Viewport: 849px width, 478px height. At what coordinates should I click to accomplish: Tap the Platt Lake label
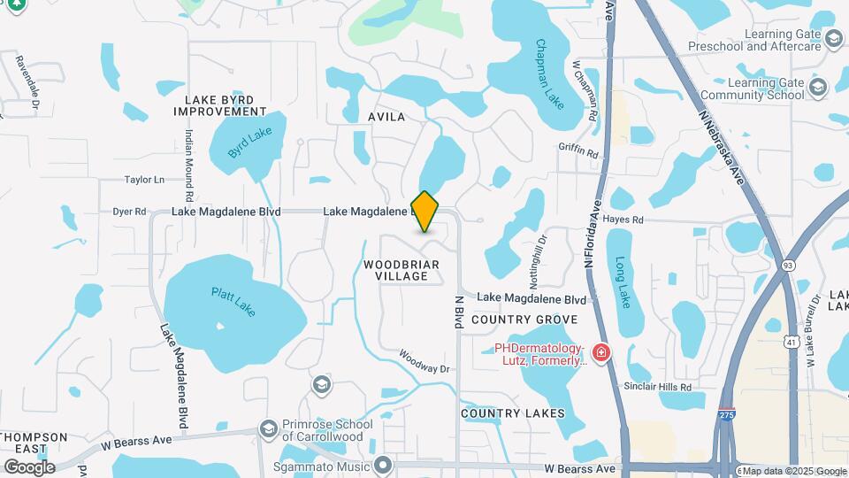pyautogui.click(x=233, y=302)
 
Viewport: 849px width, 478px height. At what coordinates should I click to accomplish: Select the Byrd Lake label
pyautogui.click(x=249, y=142)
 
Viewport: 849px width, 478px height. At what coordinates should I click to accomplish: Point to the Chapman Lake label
pyautogui.click(x=549, y=74)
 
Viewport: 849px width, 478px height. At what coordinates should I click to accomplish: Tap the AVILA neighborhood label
pyautogui.click(x=386, y=117)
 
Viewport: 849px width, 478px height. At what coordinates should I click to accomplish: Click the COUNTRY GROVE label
pyautogui.click(x=524, y=320)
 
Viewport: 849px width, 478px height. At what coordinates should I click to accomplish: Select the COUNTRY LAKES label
pyautogui.click(x=513, y=413)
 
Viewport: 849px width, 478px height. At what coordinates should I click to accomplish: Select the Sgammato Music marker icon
pyautogui.click(x=383, y=465)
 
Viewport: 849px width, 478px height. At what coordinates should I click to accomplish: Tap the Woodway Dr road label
pyautogui.click(x=424, y=360)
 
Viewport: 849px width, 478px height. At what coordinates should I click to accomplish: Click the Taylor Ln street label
pyautogui.click(x=145, y=180)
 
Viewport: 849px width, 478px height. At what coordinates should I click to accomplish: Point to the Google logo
pyautogui.click(x=29, y=466)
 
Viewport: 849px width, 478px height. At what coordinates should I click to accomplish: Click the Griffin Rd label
pyautogui.click(x=578, y=151)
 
